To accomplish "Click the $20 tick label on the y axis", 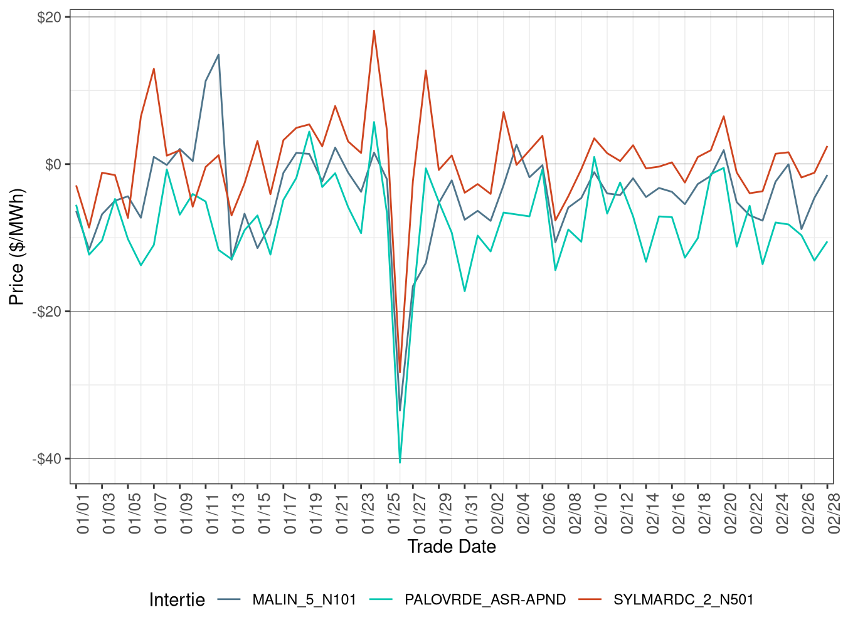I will [x=49, y=18].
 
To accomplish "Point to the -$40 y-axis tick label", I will [x=47, y=459].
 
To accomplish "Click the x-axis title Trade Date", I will [x=452, y=547].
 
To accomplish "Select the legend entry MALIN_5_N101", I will [x=304, y=600].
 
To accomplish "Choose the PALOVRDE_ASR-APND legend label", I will [x=485, y=600].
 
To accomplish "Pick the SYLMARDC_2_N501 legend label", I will [x=683, y=600].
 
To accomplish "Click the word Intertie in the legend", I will [x=177, y=600].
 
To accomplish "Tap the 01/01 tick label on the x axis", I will [x=83, y=513].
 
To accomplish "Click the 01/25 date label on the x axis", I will [x=394, y=513].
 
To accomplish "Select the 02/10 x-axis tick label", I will [x=601, y=513].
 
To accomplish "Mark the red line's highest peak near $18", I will [x=374, y=31].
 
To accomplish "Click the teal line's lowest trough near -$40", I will [x=400, y=463].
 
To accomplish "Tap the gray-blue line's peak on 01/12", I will [x=218, y=55].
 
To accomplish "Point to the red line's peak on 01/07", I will [x=154, y=69].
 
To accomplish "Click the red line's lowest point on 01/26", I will [x=400, y=372].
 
